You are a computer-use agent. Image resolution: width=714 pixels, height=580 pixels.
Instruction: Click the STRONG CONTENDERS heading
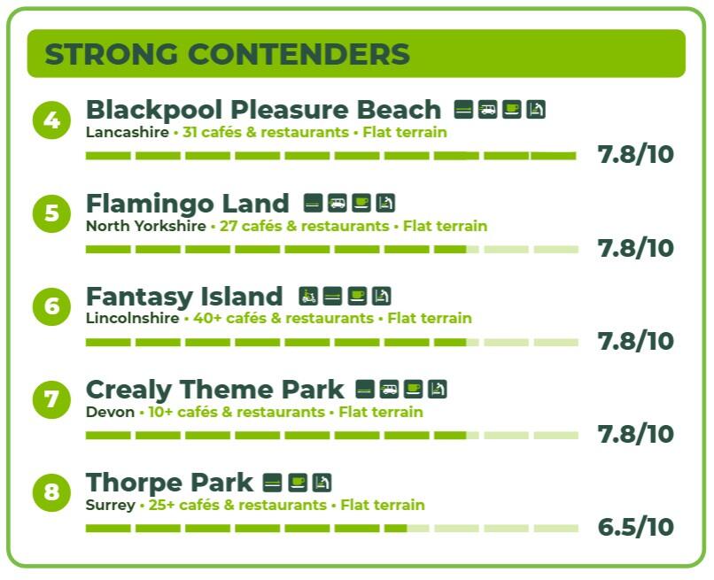228,54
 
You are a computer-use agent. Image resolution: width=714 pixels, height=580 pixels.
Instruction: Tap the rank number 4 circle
52,120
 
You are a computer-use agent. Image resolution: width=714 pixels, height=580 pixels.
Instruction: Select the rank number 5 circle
52,213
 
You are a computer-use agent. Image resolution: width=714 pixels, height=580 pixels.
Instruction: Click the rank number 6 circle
52,306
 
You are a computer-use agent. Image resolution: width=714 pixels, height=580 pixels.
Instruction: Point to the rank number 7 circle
52,399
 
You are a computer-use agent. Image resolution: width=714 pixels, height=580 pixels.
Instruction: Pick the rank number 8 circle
52,492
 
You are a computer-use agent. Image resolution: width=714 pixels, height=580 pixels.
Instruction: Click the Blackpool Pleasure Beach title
264,110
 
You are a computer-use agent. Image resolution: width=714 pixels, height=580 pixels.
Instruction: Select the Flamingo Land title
188,204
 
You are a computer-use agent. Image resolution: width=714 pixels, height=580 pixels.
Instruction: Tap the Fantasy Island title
184,297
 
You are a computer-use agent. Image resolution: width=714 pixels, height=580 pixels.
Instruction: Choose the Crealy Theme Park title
215,391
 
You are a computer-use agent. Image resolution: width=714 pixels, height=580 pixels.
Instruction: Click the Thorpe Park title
169,483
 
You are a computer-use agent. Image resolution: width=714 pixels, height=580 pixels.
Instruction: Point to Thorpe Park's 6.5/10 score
636,527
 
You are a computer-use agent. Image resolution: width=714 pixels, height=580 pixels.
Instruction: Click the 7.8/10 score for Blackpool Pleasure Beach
636,154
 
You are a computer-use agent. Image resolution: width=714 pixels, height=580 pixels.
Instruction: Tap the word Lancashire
128,132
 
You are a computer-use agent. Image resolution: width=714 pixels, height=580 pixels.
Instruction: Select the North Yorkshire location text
146,226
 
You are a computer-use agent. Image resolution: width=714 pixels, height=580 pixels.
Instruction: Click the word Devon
110,412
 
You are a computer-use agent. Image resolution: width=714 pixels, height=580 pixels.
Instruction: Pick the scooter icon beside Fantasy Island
308,296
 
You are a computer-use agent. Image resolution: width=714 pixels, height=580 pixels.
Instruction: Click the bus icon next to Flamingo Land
337,203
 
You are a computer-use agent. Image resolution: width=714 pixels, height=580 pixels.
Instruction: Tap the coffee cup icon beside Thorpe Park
298,483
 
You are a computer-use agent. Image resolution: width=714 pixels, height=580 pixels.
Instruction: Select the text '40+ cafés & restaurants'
283,318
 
